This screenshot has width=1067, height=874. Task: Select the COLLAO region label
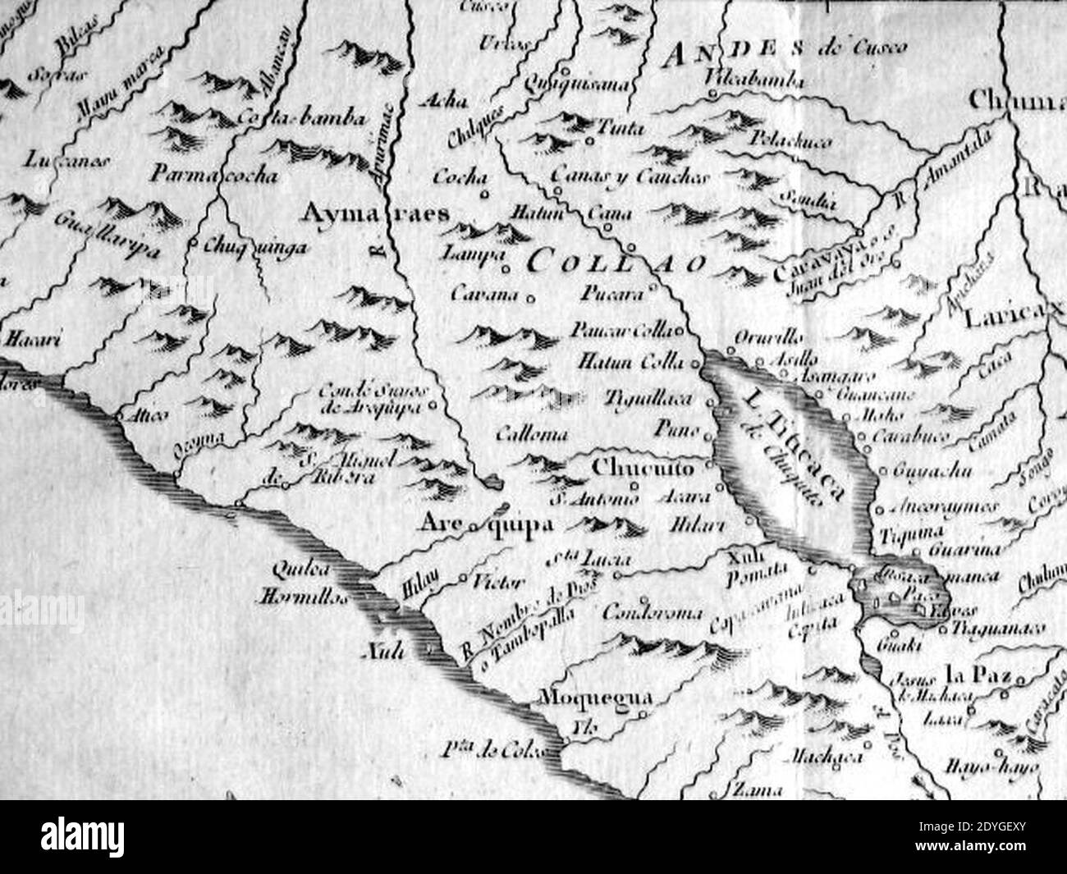click(x=616, y=263)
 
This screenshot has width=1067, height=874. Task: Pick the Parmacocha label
click(x=214, y=176)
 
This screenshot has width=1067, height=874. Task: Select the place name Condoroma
click(x=653, y=613)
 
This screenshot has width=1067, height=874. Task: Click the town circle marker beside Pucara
click(x=654, y=288)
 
